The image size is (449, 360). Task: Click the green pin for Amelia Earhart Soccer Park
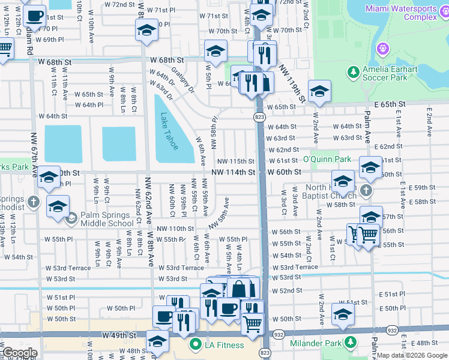tap(352, 73)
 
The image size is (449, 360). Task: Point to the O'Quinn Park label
tap(327, 159)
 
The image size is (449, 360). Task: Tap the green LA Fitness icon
tap(194, 345)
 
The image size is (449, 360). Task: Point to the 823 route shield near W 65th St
tap(259, 117)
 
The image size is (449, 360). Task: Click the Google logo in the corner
tap(19, 353)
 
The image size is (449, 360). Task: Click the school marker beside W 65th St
tap(319, 92)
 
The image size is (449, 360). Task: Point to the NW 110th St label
tap(175, 229)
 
